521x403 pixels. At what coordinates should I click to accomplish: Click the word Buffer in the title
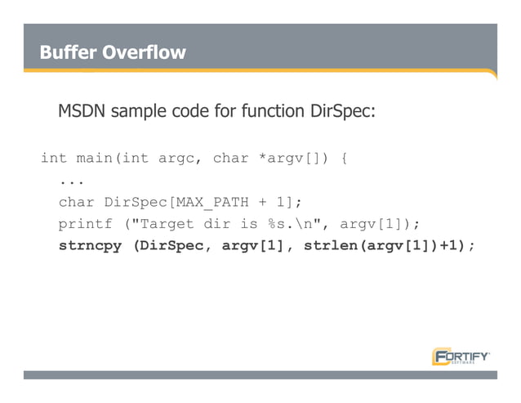[67, 53]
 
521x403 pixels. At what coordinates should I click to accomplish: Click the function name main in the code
[95, 158]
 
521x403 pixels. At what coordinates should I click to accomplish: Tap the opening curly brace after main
[345, 158]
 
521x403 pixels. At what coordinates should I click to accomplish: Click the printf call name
[85, 224]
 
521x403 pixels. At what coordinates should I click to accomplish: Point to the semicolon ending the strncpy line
[471, 246]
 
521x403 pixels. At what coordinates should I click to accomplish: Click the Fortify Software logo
[461, 356]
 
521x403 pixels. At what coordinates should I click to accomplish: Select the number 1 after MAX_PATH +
[286, 202]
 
